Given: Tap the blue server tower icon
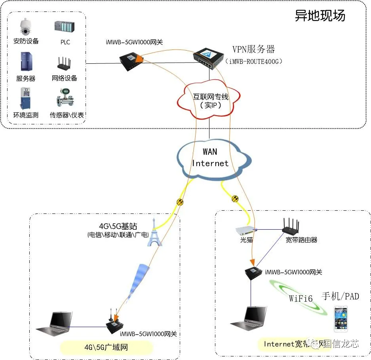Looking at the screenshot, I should click(x=26, y=62).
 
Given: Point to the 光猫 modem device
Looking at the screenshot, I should click(x=245, y=230).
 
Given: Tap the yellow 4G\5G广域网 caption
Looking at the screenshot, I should click(x=106, y=347).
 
